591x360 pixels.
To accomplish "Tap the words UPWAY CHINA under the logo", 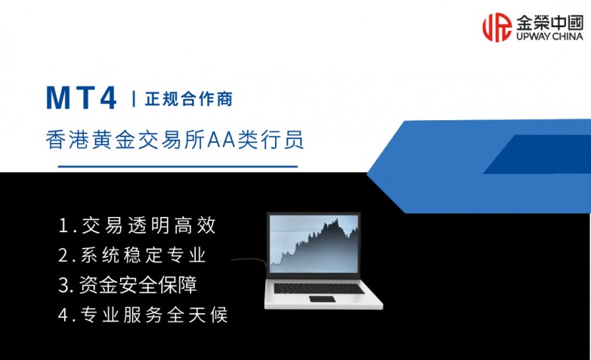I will pyautogui.click(x=549, y=36).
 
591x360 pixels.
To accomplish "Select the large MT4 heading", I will pyautogui.click(x=82, y=98).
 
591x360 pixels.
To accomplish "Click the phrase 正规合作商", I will pyautogui.click(x=187, y=99).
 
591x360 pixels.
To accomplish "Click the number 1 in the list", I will pyautogui.click(x=63, y=225).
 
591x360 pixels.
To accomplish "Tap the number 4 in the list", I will pyautogui.click(x=63, y=314).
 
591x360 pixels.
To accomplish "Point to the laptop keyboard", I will pyautogui.click(x=323, y=288).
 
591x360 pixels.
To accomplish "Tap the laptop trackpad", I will pyautogui.click(x=323, y=301).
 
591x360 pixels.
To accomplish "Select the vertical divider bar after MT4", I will pyautogui.click(x=134, y=99).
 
